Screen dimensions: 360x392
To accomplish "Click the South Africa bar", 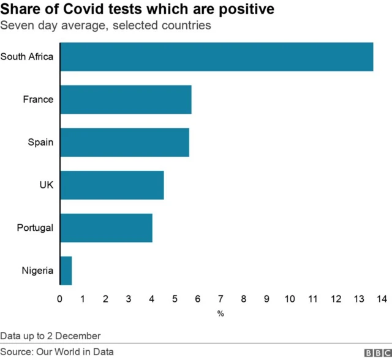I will click(216, 57).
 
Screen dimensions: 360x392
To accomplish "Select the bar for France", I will click(126, 99).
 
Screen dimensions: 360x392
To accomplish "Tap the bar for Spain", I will click(124, 142).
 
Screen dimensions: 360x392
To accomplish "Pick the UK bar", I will click(111, 185).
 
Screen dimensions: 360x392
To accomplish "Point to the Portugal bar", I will click(106, 228).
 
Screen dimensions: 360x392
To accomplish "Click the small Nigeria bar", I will click(66, 271).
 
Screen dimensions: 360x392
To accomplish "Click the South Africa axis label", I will click(27, 57).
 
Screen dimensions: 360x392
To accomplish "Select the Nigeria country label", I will click(37, 271).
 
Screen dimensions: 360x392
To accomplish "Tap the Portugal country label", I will click(35, 228).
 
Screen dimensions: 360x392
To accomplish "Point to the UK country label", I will click(46, 185).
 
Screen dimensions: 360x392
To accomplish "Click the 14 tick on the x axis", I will click(382, 299).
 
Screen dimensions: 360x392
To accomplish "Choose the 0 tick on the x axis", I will click(59, 299).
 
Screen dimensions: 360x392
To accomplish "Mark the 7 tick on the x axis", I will click(221, 299).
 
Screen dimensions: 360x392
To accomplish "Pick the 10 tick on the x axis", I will click(290, 299).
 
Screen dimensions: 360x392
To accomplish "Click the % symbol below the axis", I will click(221, 313).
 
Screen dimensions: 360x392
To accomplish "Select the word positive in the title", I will click(242, 10).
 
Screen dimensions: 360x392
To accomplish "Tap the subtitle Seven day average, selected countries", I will click(106, 26).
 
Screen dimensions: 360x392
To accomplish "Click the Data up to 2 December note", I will click(50, 336).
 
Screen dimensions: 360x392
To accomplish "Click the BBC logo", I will click(377, 353).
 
